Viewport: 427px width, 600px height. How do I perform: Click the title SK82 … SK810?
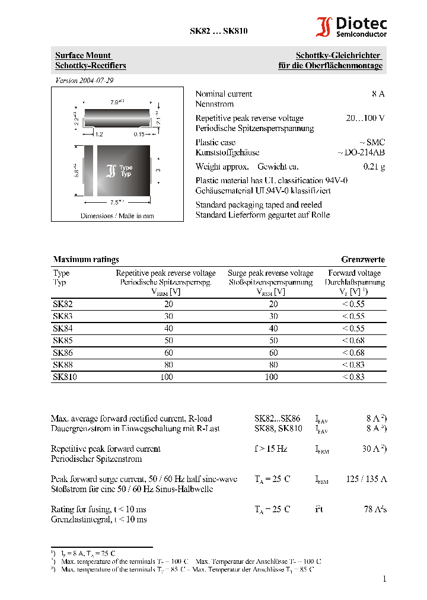(214, 31)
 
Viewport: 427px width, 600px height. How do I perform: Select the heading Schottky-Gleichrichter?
(339, 56)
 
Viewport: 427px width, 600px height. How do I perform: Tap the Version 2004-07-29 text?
(84, 80)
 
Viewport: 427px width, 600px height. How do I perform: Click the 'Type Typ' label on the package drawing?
(126, 171)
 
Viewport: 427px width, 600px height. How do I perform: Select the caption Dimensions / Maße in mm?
(117, 216)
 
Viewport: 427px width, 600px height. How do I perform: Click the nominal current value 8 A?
(378, 94)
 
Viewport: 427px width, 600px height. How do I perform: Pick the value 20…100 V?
(365, 118)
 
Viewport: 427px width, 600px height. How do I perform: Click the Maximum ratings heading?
(86, 259)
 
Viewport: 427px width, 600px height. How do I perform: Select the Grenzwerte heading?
(362, 259)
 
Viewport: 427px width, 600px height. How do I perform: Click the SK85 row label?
(63, 340)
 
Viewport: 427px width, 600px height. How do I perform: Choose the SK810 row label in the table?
(65, 377)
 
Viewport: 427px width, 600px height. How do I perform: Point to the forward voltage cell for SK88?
(353, 365)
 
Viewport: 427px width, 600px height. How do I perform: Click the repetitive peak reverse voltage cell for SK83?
(166, 316)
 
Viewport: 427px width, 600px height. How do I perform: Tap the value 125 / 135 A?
(366, 478)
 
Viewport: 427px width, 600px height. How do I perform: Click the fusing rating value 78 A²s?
(375, 509)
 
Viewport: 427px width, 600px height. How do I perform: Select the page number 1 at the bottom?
(384, 579)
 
